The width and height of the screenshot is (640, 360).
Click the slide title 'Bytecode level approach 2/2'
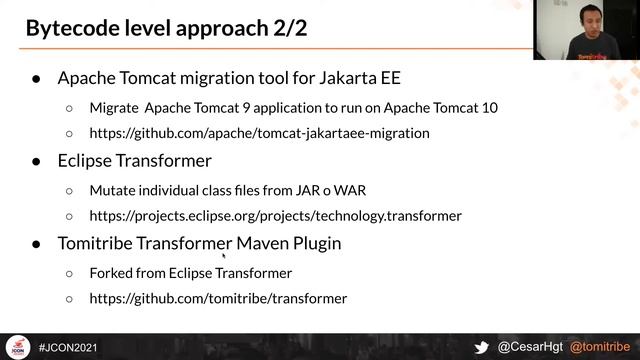click(166, 27)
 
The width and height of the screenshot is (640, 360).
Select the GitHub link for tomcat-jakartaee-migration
click(259, 132)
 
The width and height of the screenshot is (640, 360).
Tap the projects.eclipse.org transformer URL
click(275, 215)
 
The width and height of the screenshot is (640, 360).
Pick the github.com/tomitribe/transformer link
click(218, 298)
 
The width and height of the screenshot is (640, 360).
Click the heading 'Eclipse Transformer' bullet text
click(134, 160)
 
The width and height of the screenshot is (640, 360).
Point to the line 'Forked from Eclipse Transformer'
click(190, 272)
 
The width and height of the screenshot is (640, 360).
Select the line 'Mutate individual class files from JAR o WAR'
click(234, 189)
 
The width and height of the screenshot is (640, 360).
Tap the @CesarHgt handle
click(530, 347)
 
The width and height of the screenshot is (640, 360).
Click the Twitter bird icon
click(482, 347)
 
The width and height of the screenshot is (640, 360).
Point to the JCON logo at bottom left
click(17, 347)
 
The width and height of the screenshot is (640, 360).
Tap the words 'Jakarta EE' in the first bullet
click(360, 77)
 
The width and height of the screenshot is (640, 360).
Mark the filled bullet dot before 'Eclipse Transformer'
click(36, 161)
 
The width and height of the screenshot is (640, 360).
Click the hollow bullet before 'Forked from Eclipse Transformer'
click(69, 272)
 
